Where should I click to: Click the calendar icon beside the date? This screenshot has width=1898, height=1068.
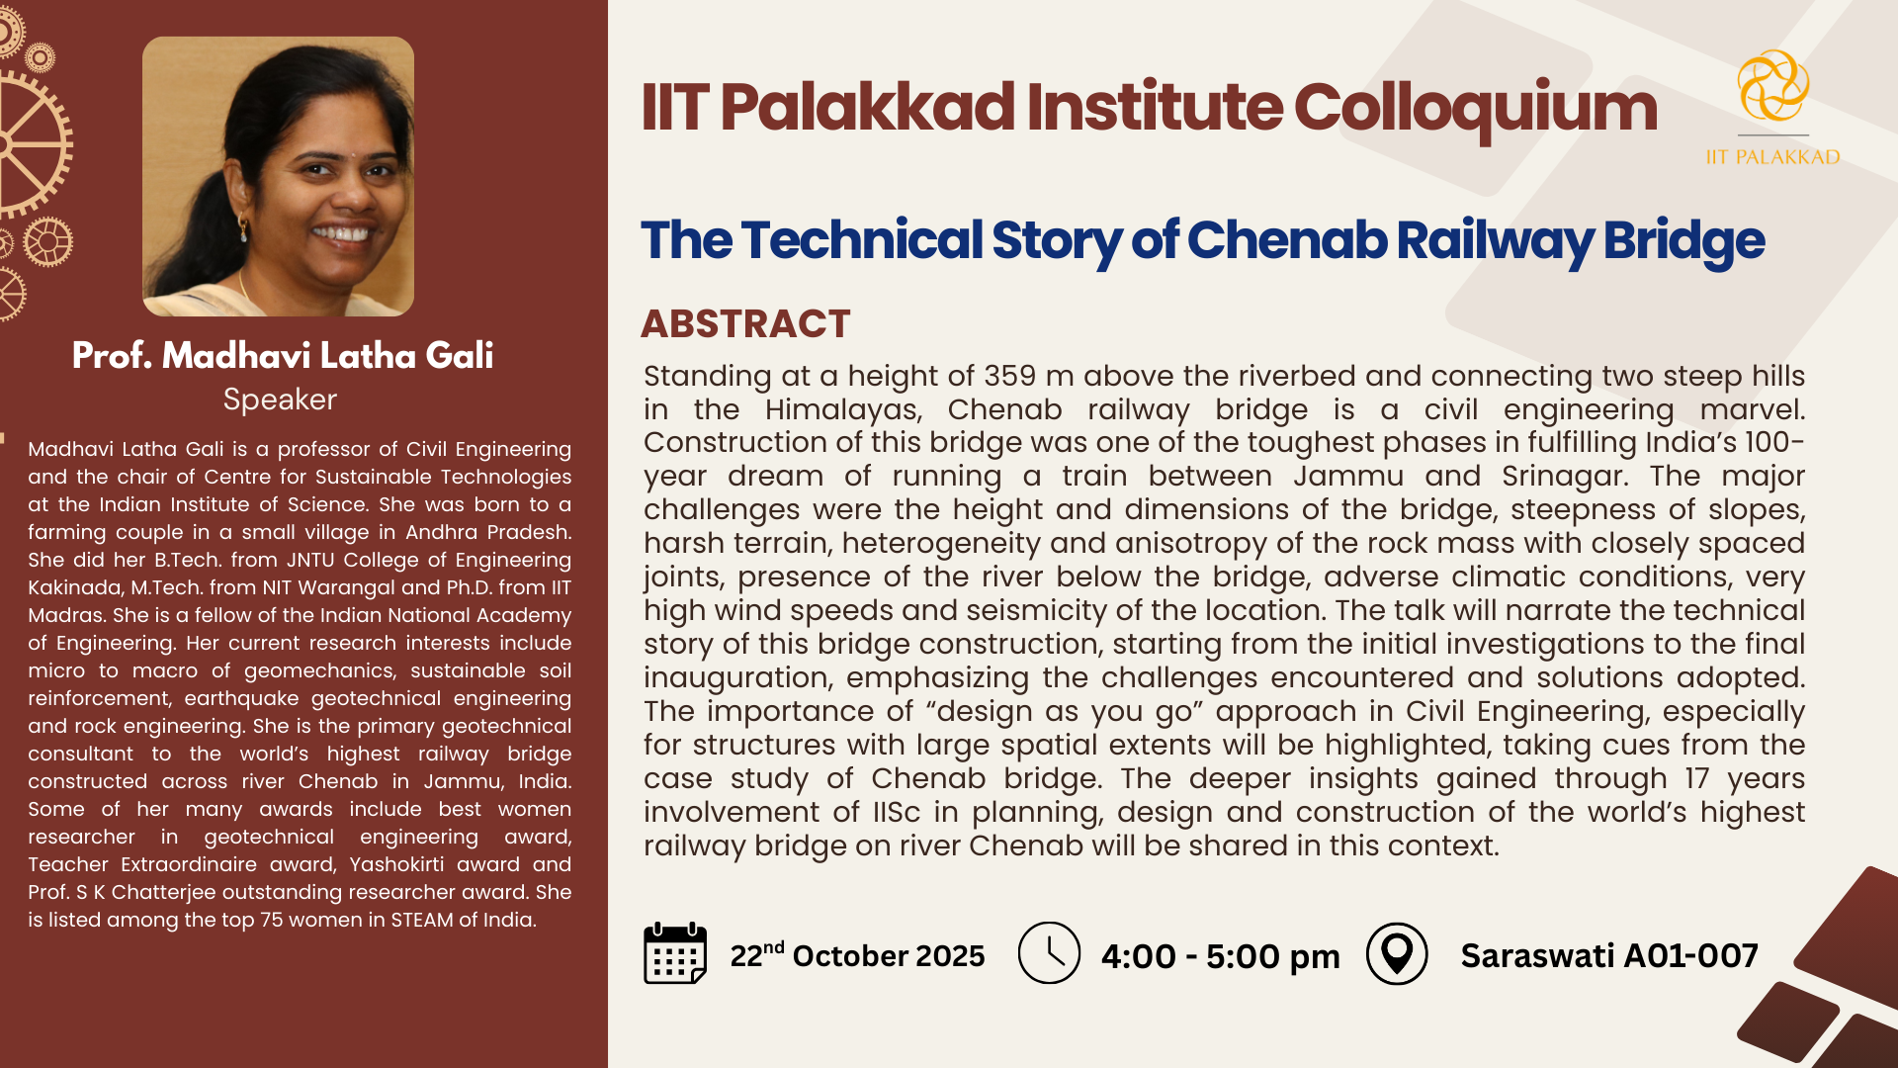coord(675,953)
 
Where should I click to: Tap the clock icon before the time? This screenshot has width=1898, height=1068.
coord(1049,953)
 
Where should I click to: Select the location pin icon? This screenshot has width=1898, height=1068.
coord(1397,953)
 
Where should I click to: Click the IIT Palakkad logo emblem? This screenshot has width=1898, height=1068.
coord(1773,86)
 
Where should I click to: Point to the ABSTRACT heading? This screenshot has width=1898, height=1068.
coord(745,323)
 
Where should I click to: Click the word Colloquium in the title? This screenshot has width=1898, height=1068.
coord(1475,109)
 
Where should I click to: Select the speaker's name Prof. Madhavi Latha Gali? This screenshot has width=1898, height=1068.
coord(283,355)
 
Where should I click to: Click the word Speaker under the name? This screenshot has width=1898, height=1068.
coord(280,400)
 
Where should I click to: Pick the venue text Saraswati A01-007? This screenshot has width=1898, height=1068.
coord(1609,955)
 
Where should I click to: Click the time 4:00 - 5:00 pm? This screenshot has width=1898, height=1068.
coord(1220,956)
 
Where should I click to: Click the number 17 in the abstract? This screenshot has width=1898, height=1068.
coord(1696,778)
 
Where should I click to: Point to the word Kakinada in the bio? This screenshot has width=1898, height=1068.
coord(74,587)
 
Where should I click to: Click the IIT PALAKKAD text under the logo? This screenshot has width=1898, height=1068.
coord(1773,157)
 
